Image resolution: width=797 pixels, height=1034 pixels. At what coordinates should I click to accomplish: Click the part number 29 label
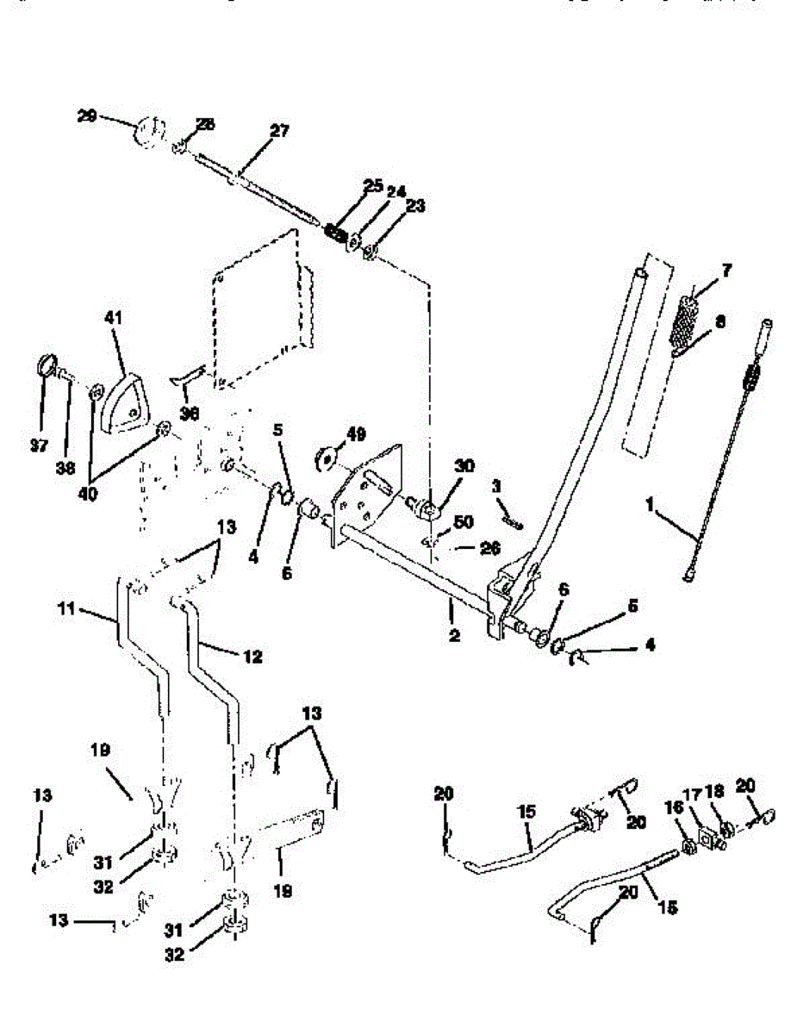86,115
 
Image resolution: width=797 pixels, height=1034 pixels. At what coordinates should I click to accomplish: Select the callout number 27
279,131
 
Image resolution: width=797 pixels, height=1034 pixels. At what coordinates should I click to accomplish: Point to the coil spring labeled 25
336,232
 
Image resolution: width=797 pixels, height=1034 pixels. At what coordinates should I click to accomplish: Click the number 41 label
114,318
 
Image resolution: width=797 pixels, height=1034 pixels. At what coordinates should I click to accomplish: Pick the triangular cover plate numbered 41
124,402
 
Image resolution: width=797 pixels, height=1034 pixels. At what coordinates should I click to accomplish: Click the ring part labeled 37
45,365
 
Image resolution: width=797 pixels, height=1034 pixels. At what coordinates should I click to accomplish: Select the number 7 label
726,271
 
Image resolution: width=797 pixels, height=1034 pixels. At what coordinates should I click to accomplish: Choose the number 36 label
190,413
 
